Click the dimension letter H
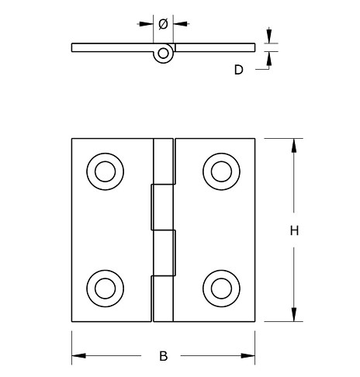point(294,230)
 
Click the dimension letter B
point(163,356)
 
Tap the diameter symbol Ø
point(163,24)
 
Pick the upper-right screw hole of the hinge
point(220,170)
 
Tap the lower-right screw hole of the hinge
point(220,286)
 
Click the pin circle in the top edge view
point(163,54)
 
